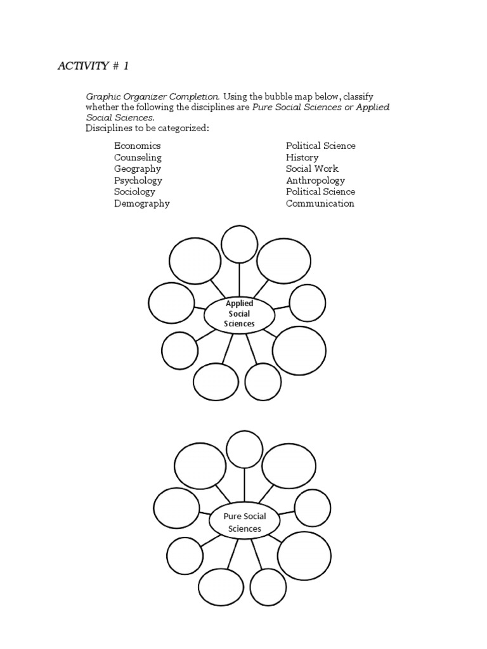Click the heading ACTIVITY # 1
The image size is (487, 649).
click(95, 67)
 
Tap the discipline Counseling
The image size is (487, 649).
click(138, 157)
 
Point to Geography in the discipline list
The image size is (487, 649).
click(138, 169)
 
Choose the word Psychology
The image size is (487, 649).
click(138, 180)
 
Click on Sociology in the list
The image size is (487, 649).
click(134, 191)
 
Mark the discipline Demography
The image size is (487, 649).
click(141, 203)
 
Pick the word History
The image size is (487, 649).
click(302, 157)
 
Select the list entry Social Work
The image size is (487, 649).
click(312, 169)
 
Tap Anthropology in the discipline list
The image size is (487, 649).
click(315, 180)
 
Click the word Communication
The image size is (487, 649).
click(320, 203)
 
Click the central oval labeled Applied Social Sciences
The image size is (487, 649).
click(239, 314)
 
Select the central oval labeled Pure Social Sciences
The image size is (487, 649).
click(244, 522)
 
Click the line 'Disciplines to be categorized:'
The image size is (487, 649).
click(147, 129)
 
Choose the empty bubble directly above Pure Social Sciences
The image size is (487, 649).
click(245, 449)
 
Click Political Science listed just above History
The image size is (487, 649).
click(320, 146)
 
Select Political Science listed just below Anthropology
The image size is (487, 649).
click(320, 191)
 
